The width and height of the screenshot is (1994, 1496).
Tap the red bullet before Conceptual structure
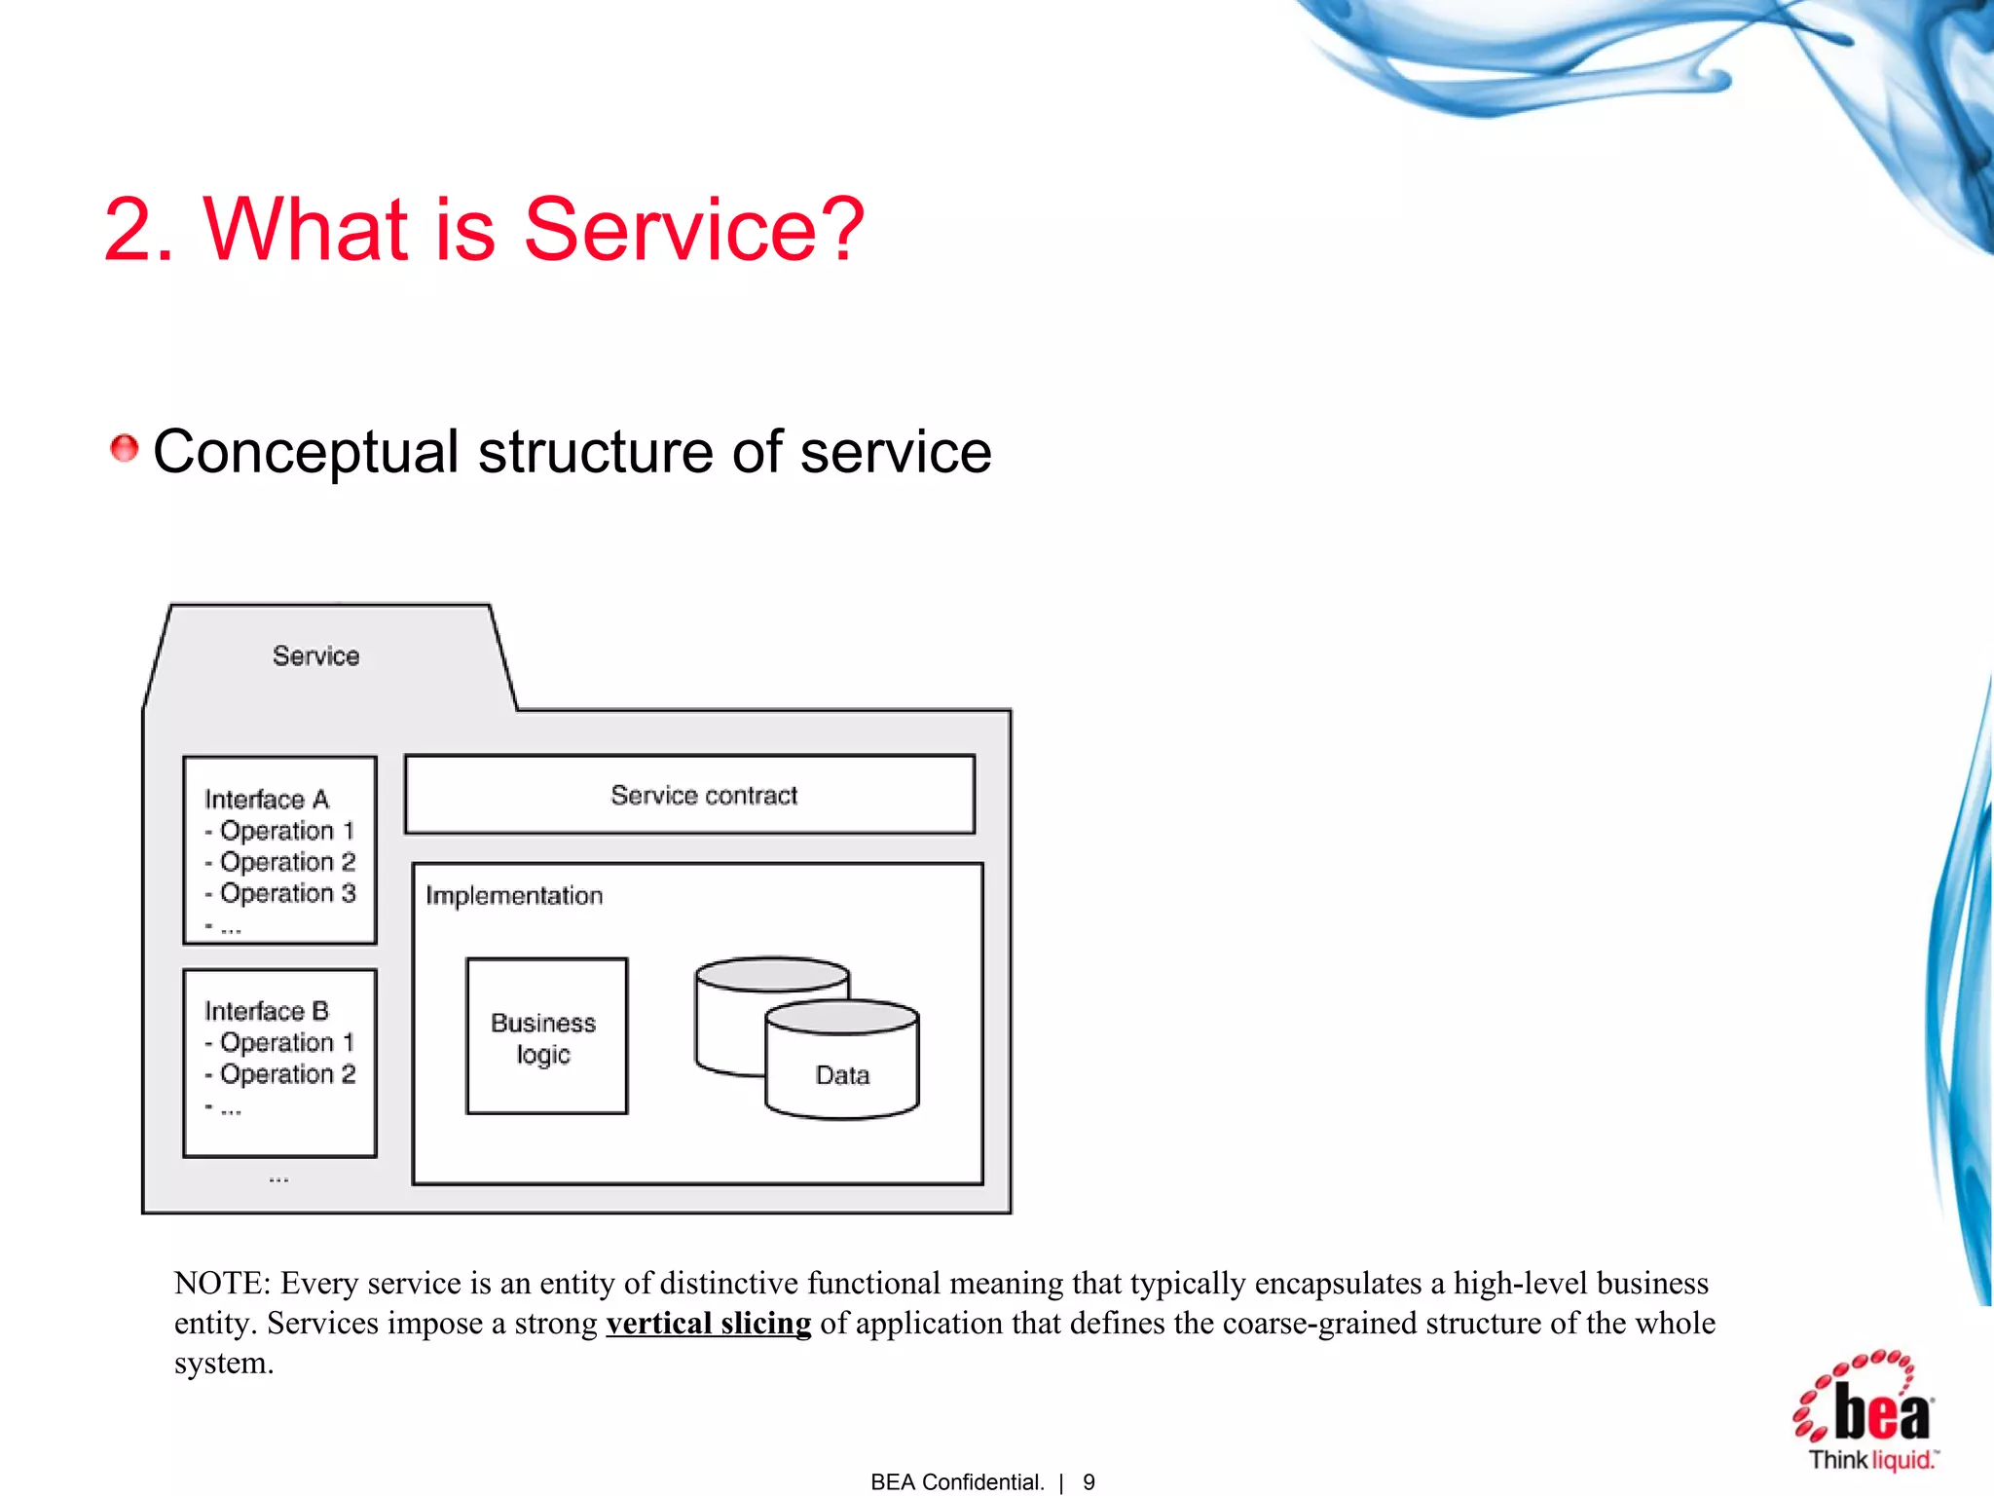(124, 449)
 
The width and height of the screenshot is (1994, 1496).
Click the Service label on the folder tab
(315, 656)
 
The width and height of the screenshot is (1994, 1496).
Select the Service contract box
(689, 795)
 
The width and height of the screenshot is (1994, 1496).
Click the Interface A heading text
(267, 800)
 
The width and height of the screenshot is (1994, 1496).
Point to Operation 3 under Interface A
(287, 893)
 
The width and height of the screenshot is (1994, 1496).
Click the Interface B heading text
(267, 1011)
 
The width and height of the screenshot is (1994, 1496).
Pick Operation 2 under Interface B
(287, 1074)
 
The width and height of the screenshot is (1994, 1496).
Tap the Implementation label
(514, 896)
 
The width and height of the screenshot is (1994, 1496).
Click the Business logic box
(546, 1036)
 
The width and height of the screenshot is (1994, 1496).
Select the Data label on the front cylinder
(842, 1075)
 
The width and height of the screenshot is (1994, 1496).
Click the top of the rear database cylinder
(771, 974)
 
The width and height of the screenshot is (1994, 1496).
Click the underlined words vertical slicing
(708, 1324)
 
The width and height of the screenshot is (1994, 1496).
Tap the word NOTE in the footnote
(221, 1284)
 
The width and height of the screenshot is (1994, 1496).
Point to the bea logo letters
(1881, 1411)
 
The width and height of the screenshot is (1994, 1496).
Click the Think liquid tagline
(1872, 1460)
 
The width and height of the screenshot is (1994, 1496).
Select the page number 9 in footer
(1089, 1482)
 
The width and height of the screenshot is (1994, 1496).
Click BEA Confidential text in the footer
(956, 1482)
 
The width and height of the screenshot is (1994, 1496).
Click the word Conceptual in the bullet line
(306, 453)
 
